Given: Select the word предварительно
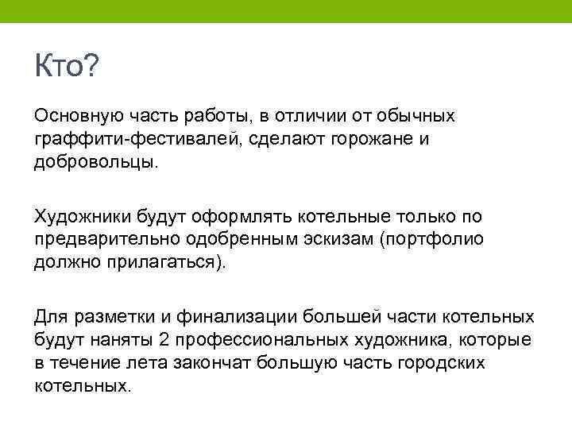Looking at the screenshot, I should (x=106, y=239).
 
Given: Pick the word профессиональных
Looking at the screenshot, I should (x=254, y=340).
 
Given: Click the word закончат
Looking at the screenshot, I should (x=209, y=362).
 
